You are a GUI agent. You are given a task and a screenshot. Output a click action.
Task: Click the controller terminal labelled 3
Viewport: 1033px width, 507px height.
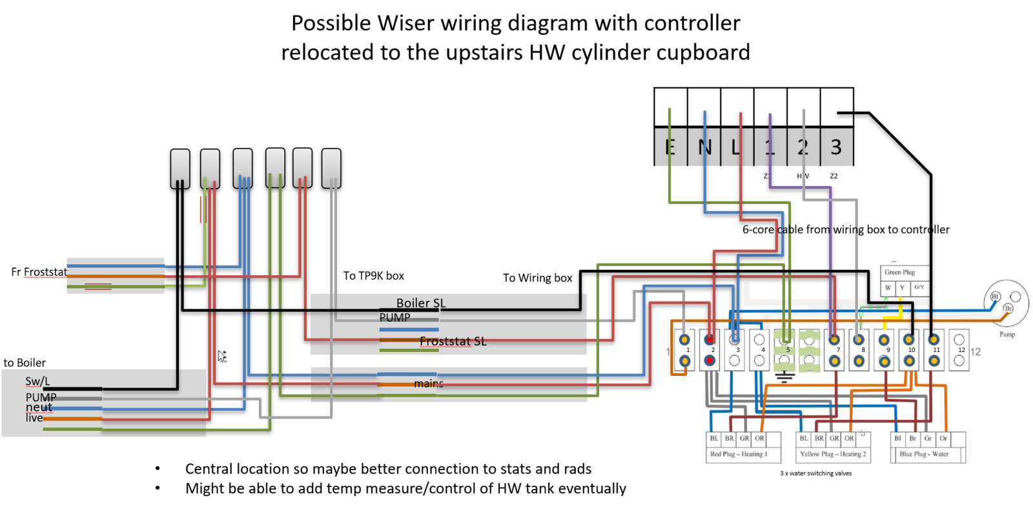coord(836,147)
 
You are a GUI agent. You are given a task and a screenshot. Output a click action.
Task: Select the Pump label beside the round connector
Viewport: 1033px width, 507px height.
coord(1007,335)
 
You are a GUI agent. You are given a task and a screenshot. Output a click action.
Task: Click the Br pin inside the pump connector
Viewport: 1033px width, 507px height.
coord(1008,308)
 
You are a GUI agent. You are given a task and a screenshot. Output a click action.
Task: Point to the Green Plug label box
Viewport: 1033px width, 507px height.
coord(900,272)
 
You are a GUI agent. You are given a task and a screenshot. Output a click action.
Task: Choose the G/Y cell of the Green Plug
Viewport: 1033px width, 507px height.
coord(919,287)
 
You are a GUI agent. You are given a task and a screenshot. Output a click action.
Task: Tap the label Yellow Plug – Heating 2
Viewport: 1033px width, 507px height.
coord(833,454)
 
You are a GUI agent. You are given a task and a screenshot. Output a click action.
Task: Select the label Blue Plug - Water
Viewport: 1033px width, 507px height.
coord(924,454)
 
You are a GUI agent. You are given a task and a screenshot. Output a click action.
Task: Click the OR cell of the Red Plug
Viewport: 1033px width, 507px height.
coord(760,439)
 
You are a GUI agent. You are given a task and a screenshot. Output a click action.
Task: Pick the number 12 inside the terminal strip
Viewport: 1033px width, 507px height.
coord(961,350)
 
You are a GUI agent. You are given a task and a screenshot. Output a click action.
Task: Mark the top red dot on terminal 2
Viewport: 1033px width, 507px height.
coord(710,339)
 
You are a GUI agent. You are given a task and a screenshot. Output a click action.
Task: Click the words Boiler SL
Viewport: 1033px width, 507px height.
coord(421,303)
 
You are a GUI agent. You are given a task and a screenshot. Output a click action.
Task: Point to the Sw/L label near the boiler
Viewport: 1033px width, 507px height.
coord(37,381)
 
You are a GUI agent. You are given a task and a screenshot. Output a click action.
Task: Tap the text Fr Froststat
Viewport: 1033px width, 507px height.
coord(39,272)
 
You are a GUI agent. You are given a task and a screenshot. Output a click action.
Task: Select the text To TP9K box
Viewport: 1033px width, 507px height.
coord(373,276)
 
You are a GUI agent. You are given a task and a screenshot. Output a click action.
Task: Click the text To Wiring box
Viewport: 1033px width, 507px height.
coord(537,278)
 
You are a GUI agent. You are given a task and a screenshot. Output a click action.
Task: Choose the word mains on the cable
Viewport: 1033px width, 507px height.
coord(428,384)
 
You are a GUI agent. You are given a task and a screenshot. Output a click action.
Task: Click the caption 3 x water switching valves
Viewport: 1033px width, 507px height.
coord(815,473)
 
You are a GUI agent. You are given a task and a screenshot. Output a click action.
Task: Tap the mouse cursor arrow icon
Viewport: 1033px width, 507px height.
coord(222,356)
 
